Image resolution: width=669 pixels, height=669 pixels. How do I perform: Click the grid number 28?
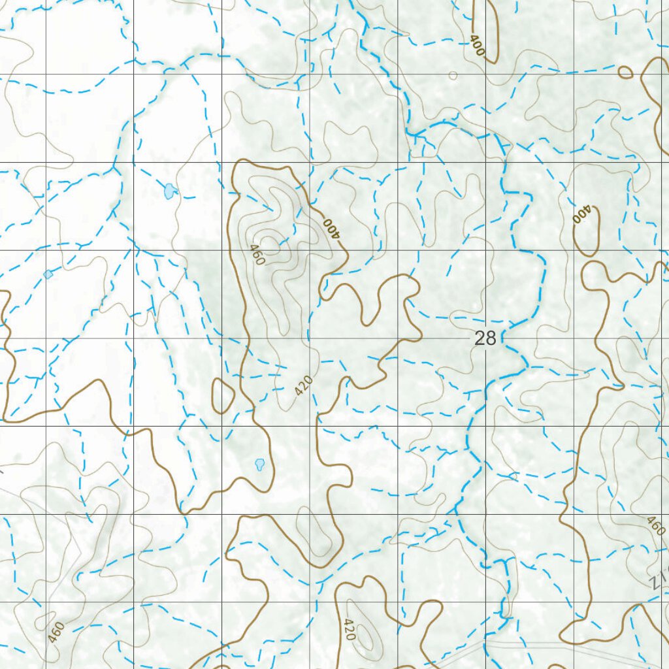[485, 338]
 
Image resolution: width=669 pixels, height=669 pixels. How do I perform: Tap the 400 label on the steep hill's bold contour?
[332, 227]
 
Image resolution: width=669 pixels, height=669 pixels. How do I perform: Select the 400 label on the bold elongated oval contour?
[581, 214]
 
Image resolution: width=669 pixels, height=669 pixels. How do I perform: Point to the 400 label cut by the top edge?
[478, 46]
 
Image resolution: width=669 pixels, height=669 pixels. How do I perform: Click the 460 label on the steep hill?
[256, 255]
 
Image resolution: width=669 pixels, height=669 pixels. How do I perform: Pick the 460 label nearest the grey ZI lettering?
[655, 525]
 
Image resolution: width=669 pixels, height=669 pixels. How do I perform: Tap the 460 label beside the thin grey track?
[57, 631]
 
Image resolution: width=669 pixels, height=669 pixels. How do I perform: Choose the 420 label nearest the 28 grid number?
[304, 385]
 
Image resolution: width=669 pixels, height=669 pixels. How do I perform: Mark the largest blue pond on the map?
[170, 191]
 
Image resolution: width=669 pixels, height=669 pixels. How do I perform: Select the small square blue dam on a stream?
[48, 274]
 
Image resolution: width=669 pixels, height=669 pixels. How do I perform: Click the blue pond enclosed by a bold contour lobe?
[259, 465]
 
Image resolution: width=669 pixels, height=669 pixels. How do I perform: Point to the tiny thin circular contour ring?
[453, 76]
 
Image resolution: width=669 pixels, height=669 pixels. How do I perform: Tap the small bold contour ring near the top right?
[625, 72]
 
